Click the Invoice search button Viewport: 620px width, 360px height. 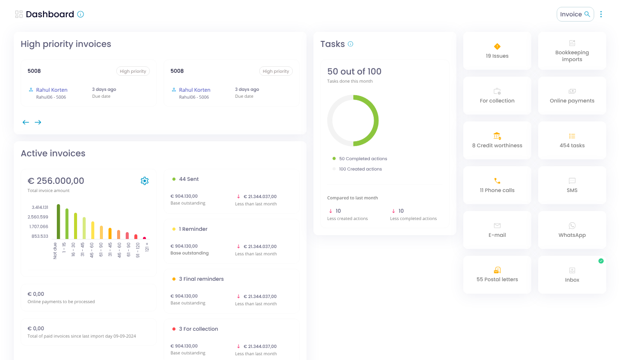(x=575, y=14)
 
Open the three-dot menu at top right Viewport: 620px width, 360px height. (x=601, y=14)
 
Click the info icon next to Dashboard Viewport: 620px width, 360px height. (x=81, y=14)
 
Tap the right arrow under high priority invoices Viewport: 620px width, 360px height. (x=38, y=122)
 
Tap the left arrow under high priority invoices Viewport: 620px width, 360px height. (x=26, y=122)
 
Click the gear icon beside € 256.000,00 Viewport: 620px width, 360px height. (x=145, y=181)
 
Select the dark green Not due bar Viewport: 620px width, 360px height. (x=59, y=222)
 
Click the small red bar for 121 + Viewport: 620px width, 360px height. (x=145, y=238)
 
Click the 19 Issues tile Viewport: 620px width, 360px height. (x=497, y=51)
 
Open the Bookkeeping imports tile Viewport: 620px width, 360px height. (x=572, y=51)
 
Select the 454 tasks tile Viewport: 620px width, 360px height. (x=572, y=140)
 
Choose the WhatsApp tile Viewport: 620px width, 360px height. (x=572, y=230)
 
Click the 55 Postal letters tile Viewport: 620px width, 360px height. (x=497, y=275)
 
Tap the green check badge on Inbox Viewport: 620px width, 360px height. (x=601, y=261)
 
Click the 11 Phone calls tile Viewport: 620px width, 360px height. (x=497, y=185)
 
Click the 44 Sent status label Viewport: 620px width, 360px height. (x=189, y=179)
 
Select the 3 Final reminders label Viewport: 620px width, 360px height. (x=201, y=279)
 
